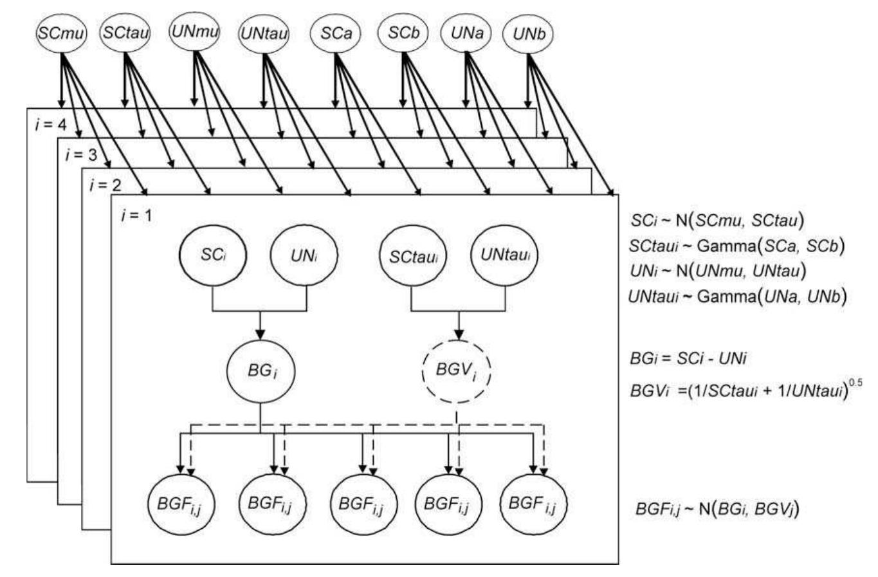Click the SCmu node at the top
click(61, 33)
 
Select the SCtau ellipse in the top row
click(124, 33)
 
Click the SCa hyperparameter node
click(335, 33)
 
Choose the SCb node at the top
click(403, 33)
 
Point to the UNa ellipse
click(467, 33)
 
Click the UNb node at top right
click(529, 34)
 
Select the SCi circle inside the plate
click(214, 255)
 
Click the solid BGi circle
click(260, 370)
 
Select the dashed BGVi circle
click(457, 371)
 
